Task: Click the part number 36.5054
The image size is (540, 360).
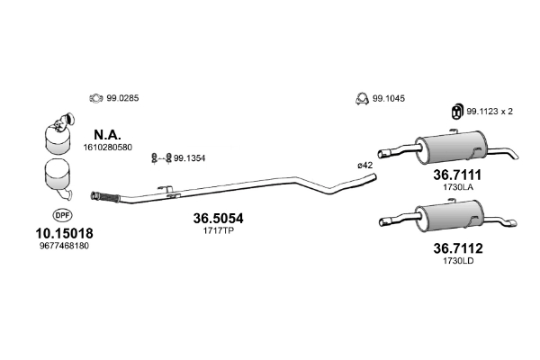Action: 218,219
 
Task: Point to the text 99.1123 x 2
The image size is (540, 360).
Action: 490,111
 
